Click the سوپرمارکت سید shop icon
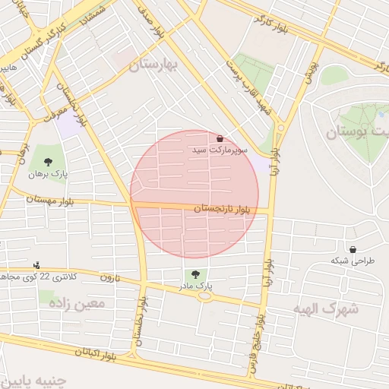[220, 139]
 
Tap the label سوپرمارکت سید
[220, 152]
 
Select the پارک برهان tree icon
[49, 162]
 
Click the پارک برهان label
[49, 174]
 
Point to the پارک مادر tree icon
[196, 274]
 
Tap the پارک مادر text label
[196, 286]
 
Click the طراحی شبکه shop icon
[353, 249]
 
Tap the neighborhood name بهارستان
[152, 66]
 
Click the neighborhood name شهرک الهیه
[324, 308]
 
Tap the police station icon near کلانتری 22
[36, 265]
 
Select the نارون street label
[109, 278]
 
